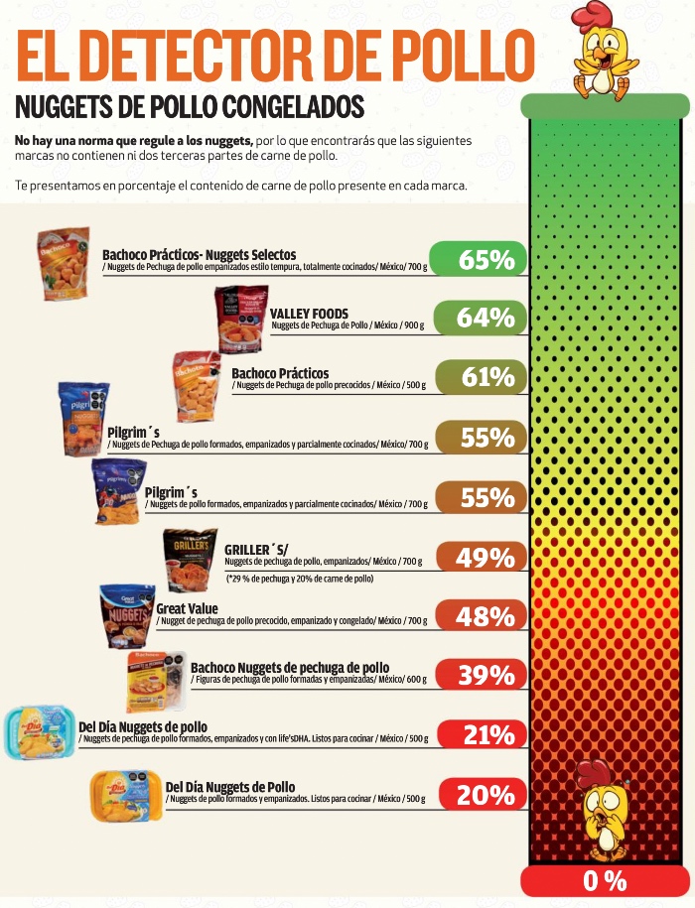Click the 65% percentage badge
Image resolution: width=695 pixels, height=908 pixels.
point(478,260)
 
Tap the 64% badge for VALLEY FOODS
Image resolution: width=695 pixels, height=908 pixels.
point(478,318)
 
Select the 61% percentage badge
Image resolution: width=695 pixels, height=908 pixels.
point(478,377)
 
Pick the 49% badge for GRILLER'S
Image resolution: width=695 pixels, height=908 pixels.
point(478,558)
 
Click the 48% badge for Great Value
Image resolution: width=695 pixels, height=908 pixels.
point(478,616)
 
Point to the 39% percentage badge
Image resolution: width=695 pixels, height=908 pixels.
point(478,676)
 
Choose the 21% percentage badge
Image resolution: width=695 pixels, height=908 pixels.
point(478,735)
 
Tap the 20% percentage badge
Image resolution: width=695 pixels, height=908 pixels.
point(478,795)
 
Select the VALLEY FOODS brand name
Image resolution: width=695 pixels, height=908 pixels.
point(309,314)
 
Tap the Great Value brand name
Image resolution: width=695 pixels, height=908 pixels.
point(187,608)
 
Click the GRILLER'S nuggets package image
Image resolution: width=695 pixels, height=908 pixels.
point(190,560)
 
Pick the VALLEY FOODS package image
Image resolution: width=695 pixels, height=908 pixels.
point(242,320)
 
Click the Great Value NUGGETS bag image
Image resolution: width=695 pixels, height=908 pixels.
point(127,616)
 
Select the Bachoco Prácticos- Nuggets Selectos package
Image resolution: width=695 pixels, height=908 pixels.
point(65,264)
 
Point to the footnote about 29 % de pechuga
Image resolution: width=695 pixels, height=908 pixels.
point(299,579)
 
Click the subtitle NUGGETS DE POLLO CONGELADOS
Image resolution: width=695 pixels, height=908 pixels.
point(190,106)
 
